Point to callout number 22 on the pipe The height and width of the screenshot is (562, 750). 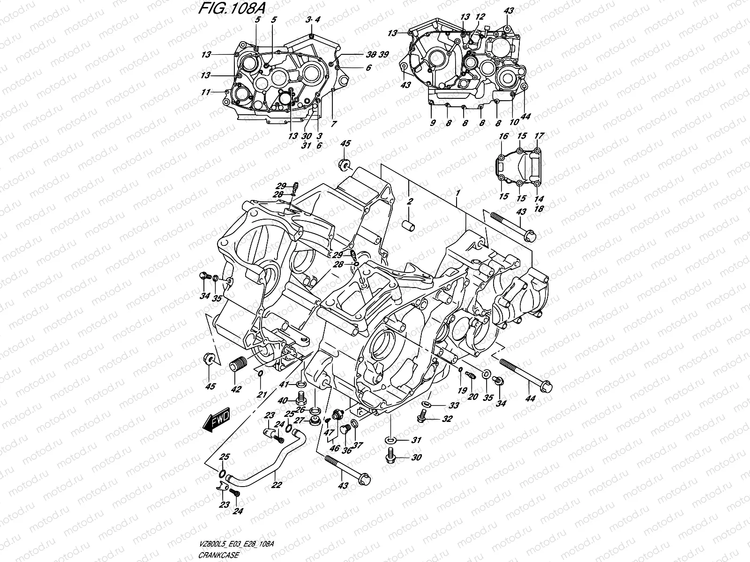pyautogui.click(x=277, y=485)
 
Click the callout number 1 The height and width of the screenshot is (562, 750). pyautogui.click(x=457, y=193)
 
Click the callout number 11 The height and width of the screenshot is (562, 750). pyautogui.click(x=205, y=92)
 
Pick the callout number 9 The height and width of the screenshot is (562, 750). pyautogui.click(x=433, y=123)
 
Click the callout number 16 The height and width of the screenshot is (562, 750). pyautogui.click(x=503, y=136)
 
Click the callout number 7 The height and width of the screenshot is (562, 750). pyautogui.click(x=334, y=124)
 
